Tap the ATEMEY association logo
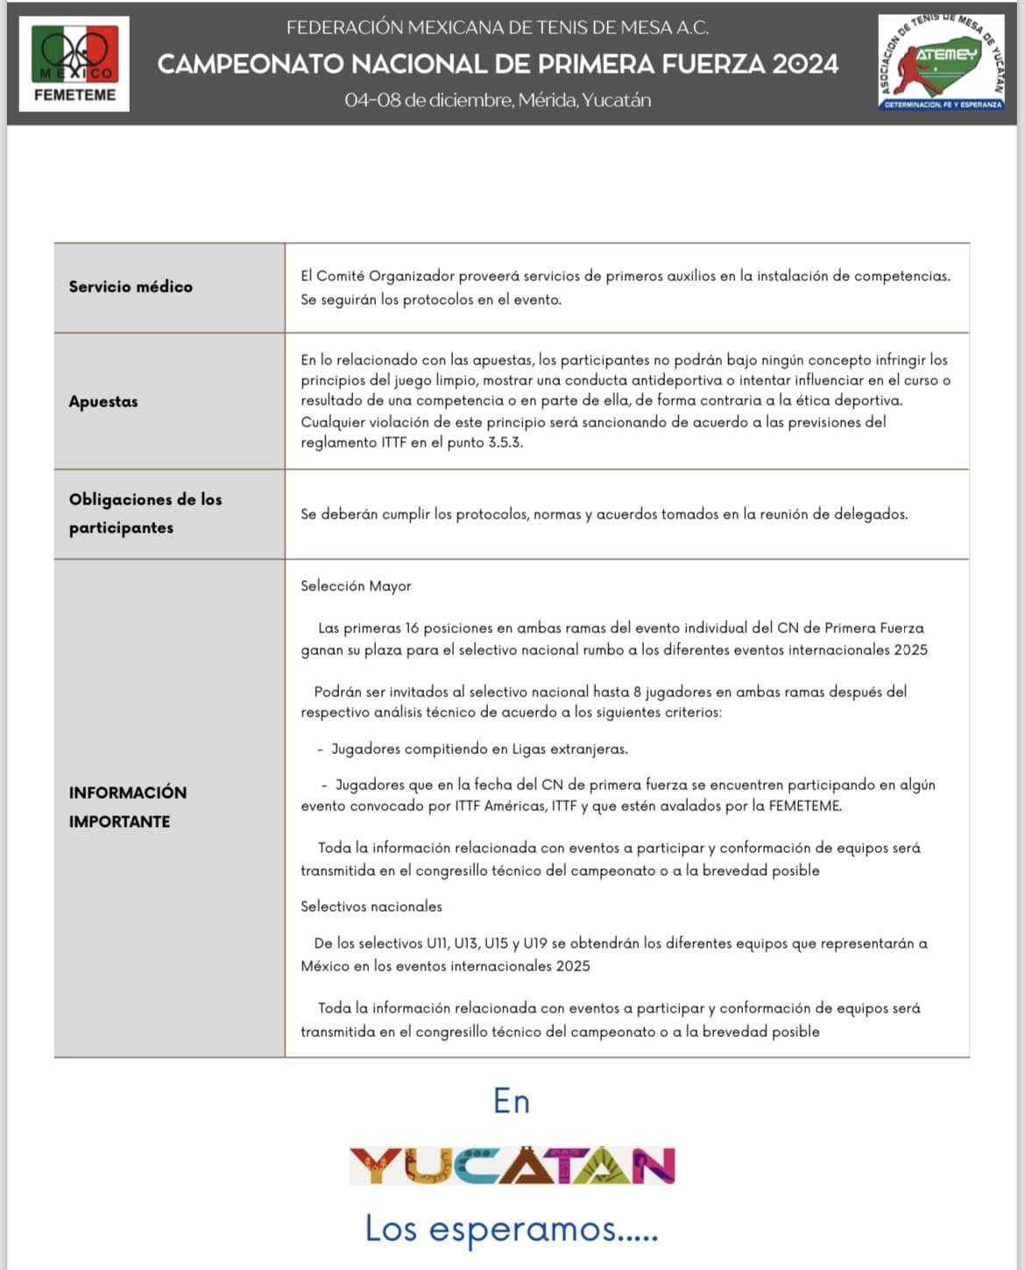pyautogui.click(x=942, y=63)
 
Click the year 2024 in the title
pyautogui.click(x=806, y=64)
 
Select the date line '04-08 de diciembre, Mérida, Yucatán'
pyautogui.click(x=498, y=100)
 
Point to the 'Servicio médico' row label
pyautogui.click(x=131, y=286)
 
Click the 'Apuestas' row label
pyautogui.click(x=103, y=401)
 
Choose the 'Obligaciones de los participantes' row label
pyautogui.click(x=145, y=513)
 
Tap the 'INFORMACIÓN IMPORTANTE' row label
pyautogui.click(x=128, y=807)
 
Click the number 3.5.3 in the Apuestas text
pyautogui.click(x=505, y=442)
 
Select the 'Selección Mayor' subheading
pyautogui.click(x=356, y=586)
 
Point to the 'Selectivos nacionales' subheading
pyautogui.click(x=371, y=907)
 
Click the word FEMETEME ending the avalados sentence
pyautogui.click(x=804, y=806)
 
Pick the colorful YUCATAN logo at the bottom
pyautogui.click(x=512, y=1166)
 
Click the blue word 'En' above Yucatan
pyautogui.click(x=512, y=1101)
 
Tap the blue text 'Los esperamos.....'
pyautogui.click(x=511, y=1228)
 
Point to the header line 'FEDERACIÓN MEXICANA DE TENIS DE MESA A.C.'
pyautogui.click(x=498, y=27)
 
